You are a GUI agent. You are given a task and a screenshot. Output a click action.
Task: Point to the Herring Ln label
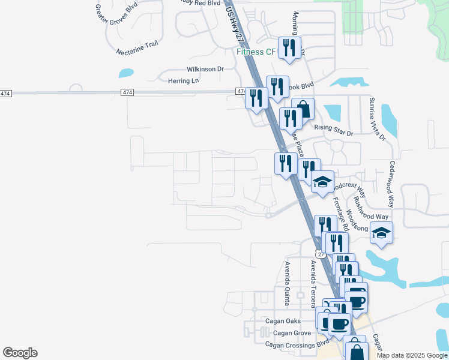tap(182, 81)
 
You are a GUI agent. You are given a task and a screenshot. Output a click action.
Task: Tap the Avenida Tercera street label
tap(313, 279)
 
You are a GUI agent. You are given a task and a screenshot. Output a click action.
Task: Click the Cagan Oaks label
tap(283, 321)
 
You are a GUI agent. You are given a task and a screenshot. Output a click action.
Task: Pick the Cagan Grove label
tap(292, 332)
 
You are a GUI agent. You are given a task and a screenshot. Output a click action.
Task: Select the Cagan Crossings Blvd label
tap(297, 344)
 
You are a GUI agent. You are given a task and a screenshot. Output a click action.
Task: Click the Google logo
tap(20, 353)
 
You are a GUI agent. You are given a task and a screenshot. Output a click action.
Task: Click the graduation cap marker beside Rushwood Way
tap(382, 232)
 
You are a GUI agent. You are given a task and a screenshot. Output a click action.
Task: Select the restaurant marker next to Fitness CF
tap(290, 48)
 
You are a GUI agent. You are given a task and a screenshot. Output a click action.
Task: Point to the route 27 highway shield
tap(322, 254)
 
